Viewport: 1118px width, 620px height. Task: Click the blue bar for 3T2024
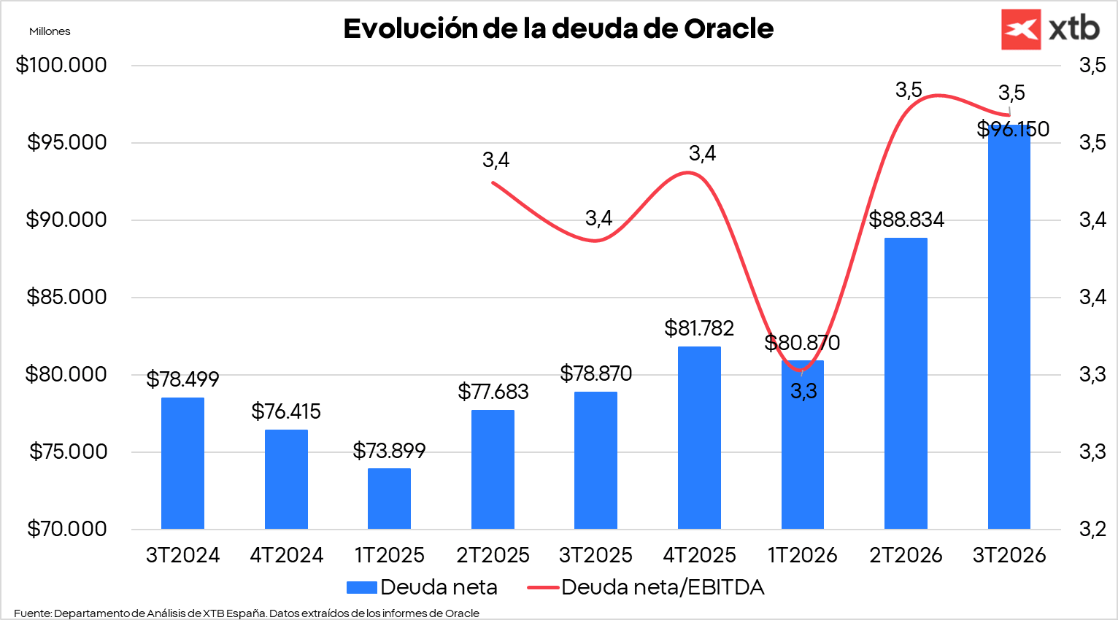[182, 463]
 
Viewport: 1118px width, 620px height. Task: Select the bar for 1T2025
[389, 499]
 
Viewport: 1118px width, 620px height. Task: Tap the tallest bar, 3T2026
[1009, 328]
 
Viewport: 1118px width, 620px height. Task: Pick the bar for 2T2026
[906, 383]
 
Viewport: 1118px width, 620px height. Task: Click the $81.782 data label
[699, 328]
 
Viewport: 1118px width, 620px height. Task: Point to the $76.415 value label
[286, 411]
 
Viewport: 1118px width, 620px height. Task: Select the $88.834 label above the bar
[906, 220]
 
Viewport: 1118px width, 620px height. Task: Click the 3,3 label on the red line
[803, 392]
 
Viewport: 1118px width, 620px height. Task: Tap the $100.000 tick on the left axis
[61, 65]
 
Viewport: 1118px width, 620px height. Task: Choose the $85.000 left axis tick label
[66, 297]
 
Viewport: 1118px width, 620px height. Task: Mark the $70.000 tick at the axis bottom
[66, 529]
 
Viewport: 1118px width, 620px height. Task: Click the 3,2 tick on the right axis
[1092, 529]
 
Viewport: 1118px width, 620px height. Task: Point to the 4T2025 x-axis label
[699, 555]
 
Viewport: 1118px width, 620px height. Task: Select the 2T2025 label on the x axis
[493, 555]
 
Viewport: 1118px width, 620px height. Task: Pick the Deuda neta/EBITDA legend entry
[645, 587]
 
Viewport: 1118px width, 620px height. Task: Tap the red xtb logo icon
[1021, 29]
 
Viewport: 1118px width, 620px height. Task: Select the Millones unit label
[50, 31]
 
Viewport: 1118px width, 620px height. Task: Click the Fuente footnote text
[247, 613]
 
